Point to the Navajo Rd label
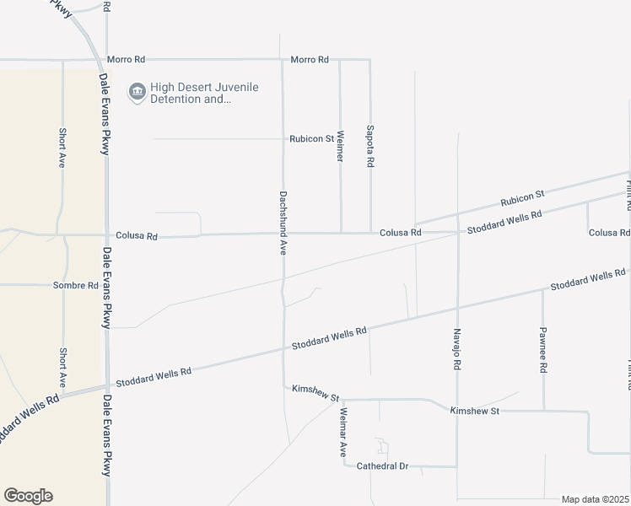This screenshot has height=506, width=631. (457, 350)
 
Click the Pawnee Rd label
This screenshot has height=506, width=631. (543, 350)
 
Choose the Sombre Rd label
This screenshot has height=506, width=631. (76, 286)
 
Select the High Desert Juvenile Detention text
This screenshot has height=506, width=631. (204, 93)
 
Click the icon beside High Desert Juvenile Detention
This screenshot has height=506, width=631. (137, 92)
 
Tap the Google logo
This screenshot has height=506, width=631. (28, 496)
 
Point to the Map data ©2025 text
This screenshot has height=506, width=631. (595, 499)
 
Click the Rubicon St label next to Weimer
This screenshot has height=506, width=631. (311, 139)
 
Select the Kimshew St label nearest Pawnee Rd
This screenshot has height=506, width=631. (475, 411)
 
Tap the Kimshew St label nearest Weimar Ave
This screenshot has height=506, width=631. (315, 391)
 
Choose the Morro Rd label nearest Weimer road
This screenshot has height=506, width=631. (309, 60)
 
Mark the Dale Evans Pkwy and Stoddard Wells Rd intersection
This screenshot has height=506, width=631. (106, 385)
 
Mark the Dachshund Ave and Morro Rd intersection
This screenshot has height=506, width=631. (282, 60)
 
